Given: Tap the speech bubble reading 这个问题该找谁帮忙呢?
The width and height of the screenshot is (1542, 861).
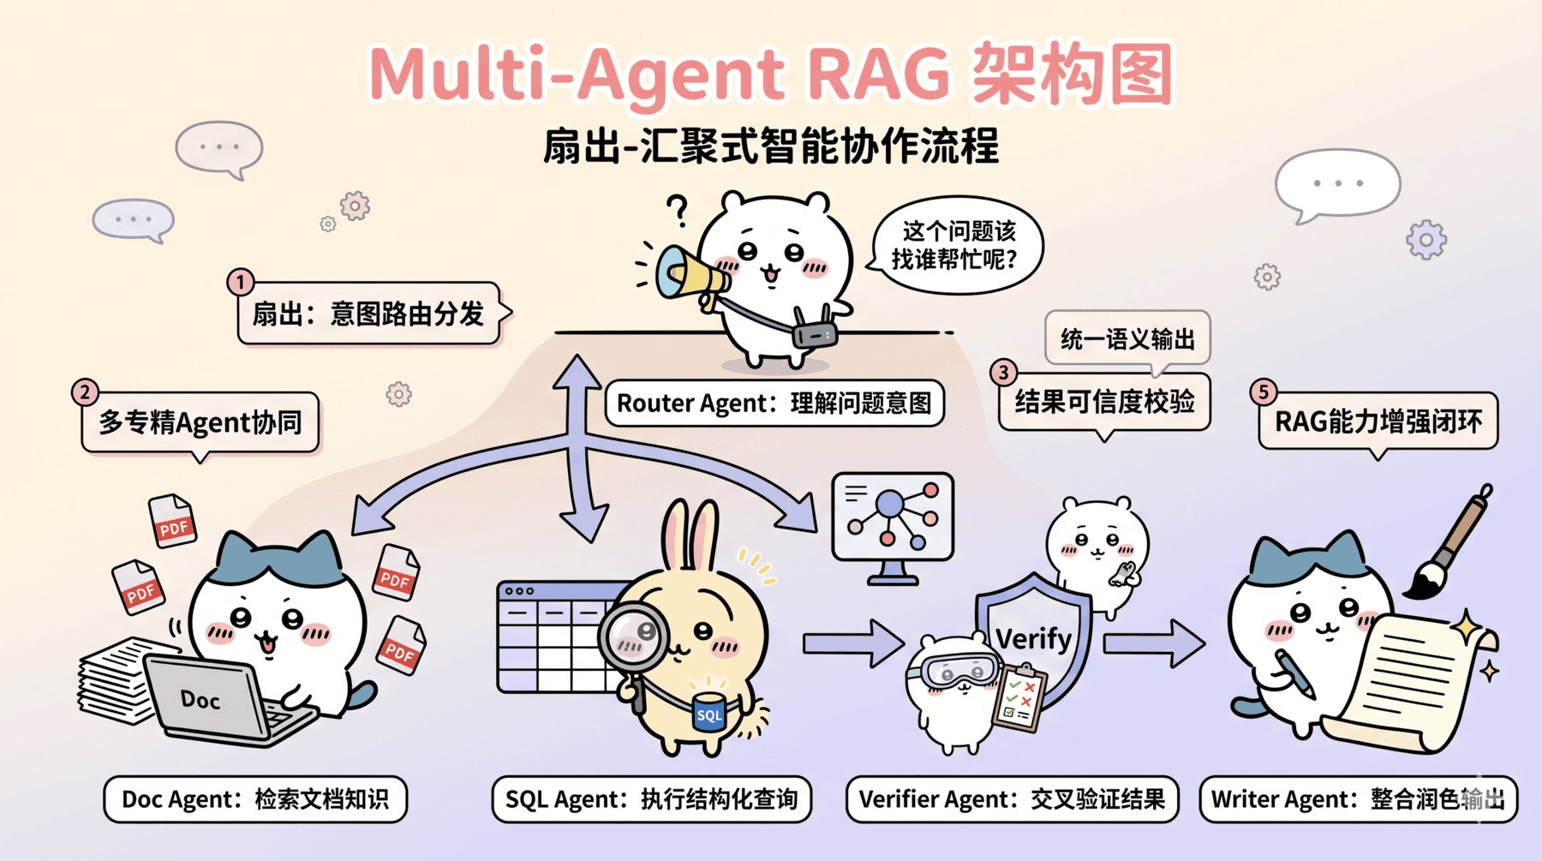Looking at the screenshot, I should tap(955, 245).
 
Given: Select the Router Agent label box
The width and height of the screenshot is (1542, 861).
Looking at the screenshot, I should tap(774, 403).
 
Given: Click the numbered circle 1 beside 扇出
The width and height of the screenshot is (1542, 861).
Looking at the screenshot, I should tap(241, 282).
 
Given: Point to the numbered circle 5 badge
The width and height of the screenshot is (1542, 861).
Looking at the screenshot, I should tap(1263, 392).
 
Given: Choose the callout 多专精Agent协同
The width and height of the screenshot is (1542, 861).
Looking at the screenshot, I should tap(200, 422).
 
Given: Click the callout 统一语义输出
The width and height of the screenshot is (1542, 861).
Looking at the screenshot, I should tap(1127, 339).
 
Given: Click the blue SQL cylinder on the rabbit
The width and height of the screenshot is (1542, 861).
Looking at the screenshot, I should tap(708, 713).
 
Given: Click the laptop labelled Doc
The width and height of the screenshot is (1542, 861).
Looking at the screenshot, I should tap(210, 698).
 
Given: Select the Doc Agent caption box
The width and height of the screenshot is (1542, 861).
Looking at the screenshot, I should tap(255, 799).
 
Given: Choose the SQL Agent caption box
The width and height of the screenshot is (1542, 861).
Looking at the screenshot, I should tap(651, 799).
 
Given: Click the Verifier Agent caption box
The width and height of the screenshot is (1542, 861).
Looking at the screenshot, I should tap(1012, 799).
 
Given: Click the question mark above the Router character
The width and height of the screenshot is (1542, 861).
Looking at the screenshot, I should tap(678, 210).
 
